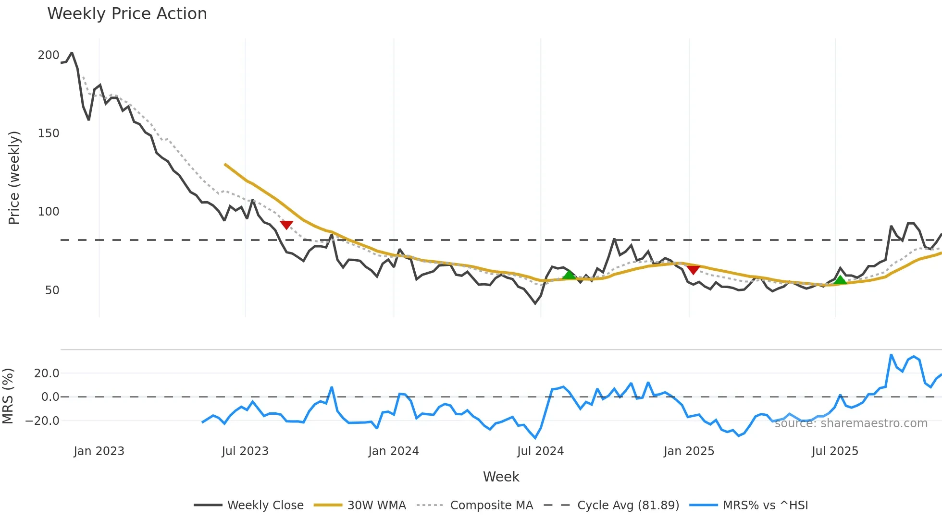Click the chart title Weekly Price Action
(x=127, y=14)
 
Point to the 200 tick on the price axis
(x=48, y=55)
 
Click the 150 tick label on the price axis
(x=48, y=133)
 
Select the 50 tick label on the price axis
(x=52, y=290)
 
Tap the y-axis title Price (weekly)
(x=14, y=178)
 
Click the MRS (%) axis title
(x=8, y=396)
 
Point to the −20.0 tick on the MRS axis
(x=42, y=421)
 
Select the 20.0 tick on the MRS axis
(x=46, y=373)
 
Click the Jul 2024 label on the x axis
(x=540, y=451)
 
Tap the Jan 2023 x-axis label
(x=99, y=451)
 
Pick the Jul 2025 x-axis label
(x=835, y=451)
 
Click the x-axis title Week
(x=501, y=477)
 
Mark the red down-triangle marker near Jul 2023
(x=286, y=225)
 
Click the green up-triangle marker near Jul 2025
(x=840, y=280)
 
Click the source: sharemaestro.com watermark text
(x=851, y=423)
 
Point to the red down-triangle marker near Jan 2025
(x=693, y=269)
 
